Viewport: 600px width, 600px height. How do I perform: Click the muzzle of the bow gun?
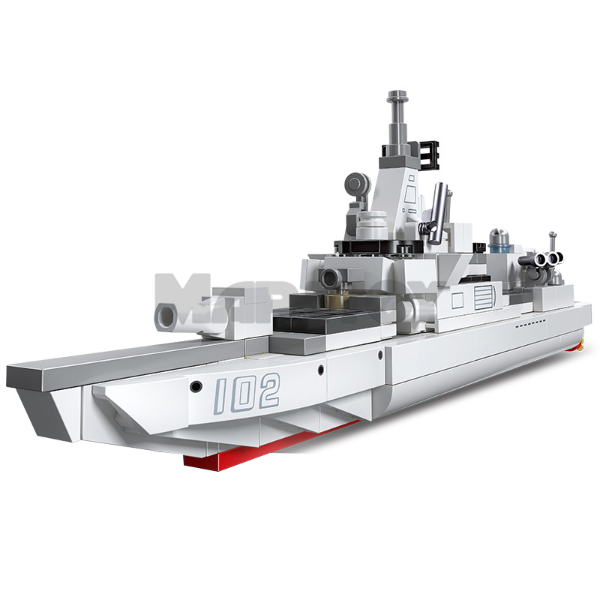164,316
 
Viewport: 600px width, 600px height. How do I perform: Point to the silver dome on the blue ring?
501,238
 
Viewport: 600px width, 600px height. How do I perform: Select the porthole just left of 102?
196,386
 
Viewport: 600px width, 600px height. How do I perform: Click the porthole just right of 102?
321,370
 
